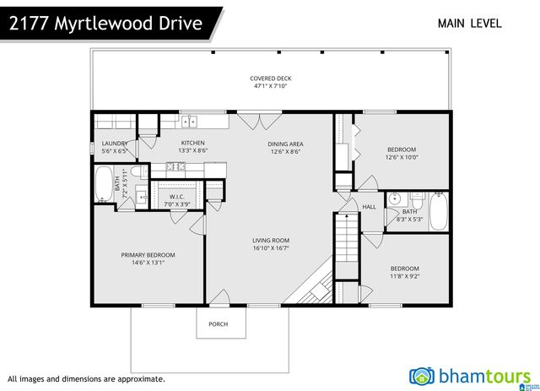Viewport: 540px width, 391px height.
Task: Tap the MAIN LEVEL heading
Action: pos(469,24)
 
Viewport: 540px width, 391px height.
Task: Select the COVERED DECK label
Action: pos(270,79)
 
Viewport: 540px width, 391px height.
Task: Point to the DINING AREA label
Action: pos(286,144)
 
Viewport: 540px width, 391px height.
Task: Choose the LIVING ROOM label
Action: pos(271,241)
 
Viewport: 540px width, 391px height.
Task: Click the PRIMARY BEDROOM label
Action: pos(148,255)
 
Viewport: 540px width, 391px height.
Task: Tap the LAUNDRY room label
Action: pos(114,144)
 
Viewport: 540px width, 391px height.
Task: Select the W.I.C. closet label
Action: pos(177,197)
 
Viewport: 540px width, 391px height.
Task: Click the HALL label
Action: pos(369,207)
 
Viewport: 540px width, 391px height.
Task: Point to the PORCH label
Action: pos(219,324)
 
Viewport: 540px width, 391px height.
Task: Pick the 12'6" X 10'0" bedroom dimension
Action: pos(402,157)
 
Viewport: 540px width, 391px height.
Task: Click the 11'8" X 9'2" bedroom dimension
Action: pos(405,276)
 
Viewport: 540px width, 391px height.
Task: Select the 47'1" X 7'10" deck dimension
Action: pos(270,86)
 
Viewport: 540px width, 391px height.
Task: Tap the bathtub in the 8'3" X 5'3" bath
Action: pos(439,211)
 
